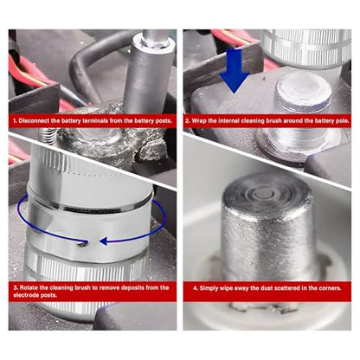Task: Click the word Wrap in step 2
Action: [198, 120]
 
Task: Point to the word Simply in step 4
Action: [209, 288]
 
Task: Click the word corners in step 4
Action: [330, 288]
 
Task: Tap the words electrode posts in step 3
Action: [35, 295]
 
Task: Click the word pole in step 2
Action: [343, 120]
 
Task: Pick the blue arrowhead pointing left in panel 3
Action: [104, 241]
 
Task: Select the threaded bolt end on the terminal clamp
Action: [48, 136]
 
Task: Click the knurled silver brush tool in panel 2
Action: [306, 48]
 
